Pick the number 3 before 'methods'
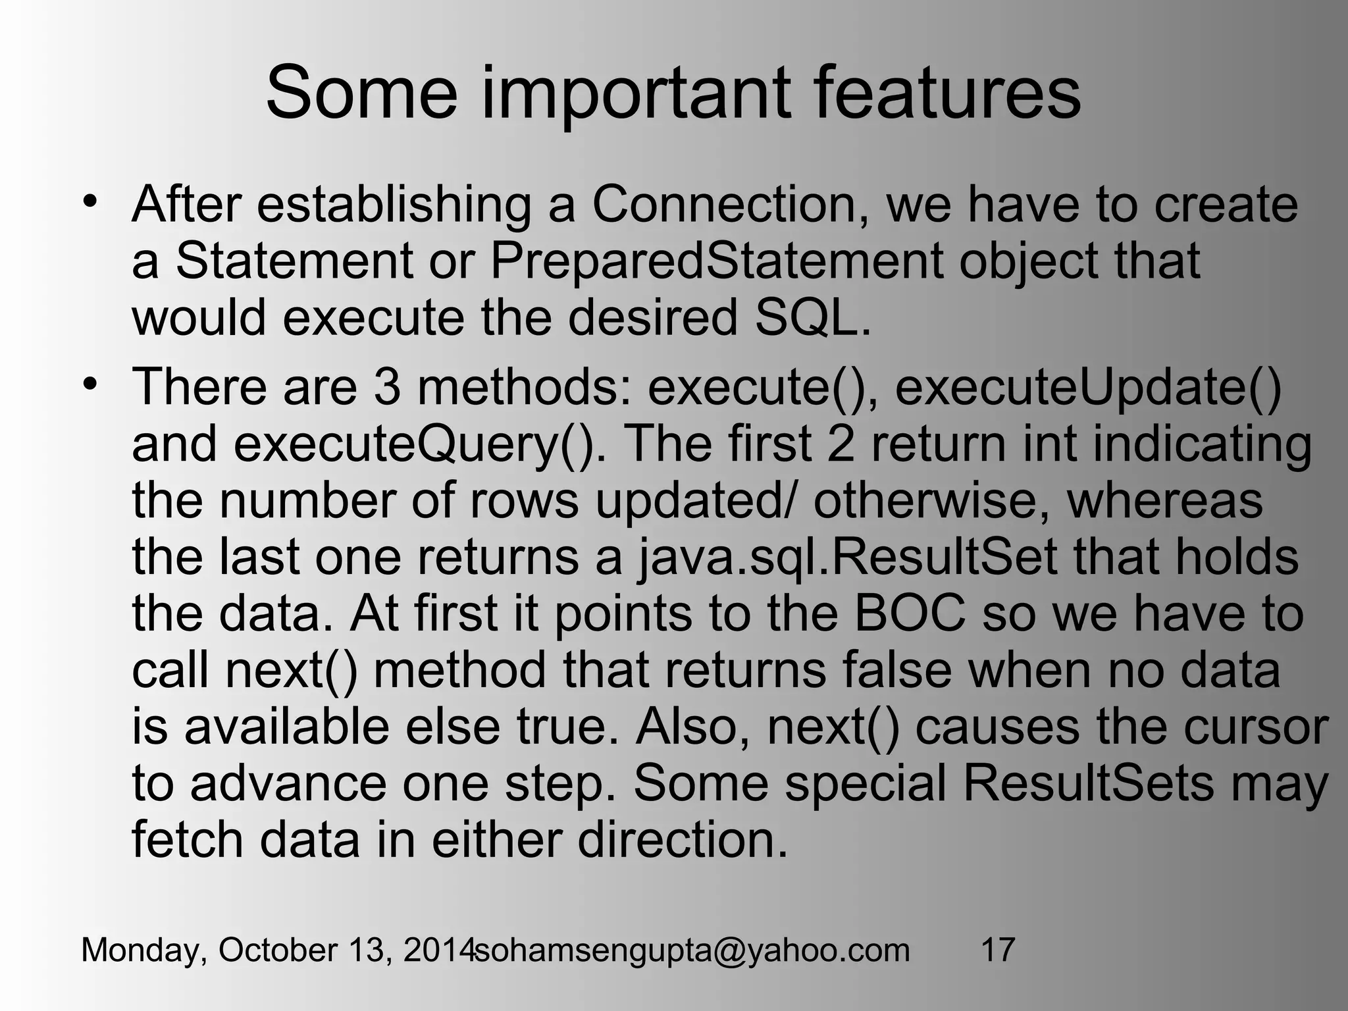pos(387,386)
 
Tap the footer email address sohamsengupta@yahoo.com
pos(692,950)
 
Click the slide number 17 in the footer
pos(997,950)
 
